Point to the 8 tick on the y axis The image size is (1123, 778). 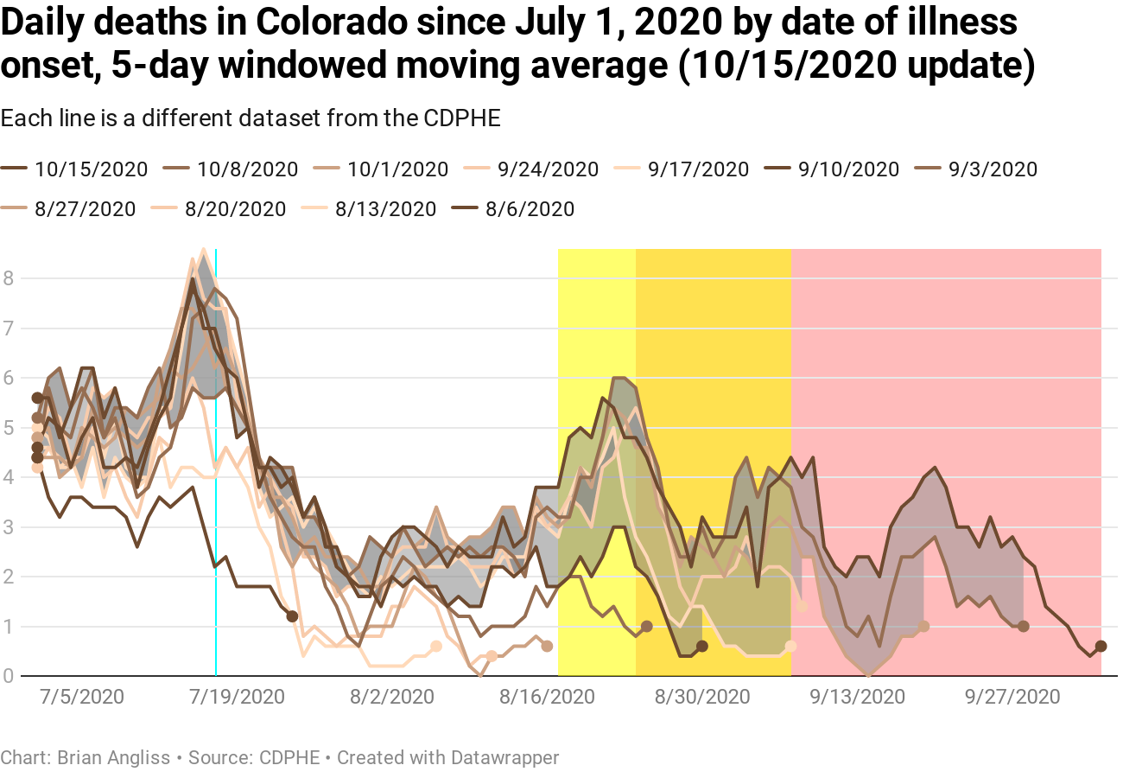(x=8, y=278)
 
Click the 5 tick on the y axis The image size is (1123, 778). (x=8, y=427)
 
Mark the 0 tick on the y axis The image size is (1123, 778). (x=8, y=675)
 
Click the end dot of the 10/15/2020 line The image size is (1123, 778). (x=1101, y=646)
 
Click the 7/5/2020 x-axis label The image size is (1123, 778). (x=82, y=697)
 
